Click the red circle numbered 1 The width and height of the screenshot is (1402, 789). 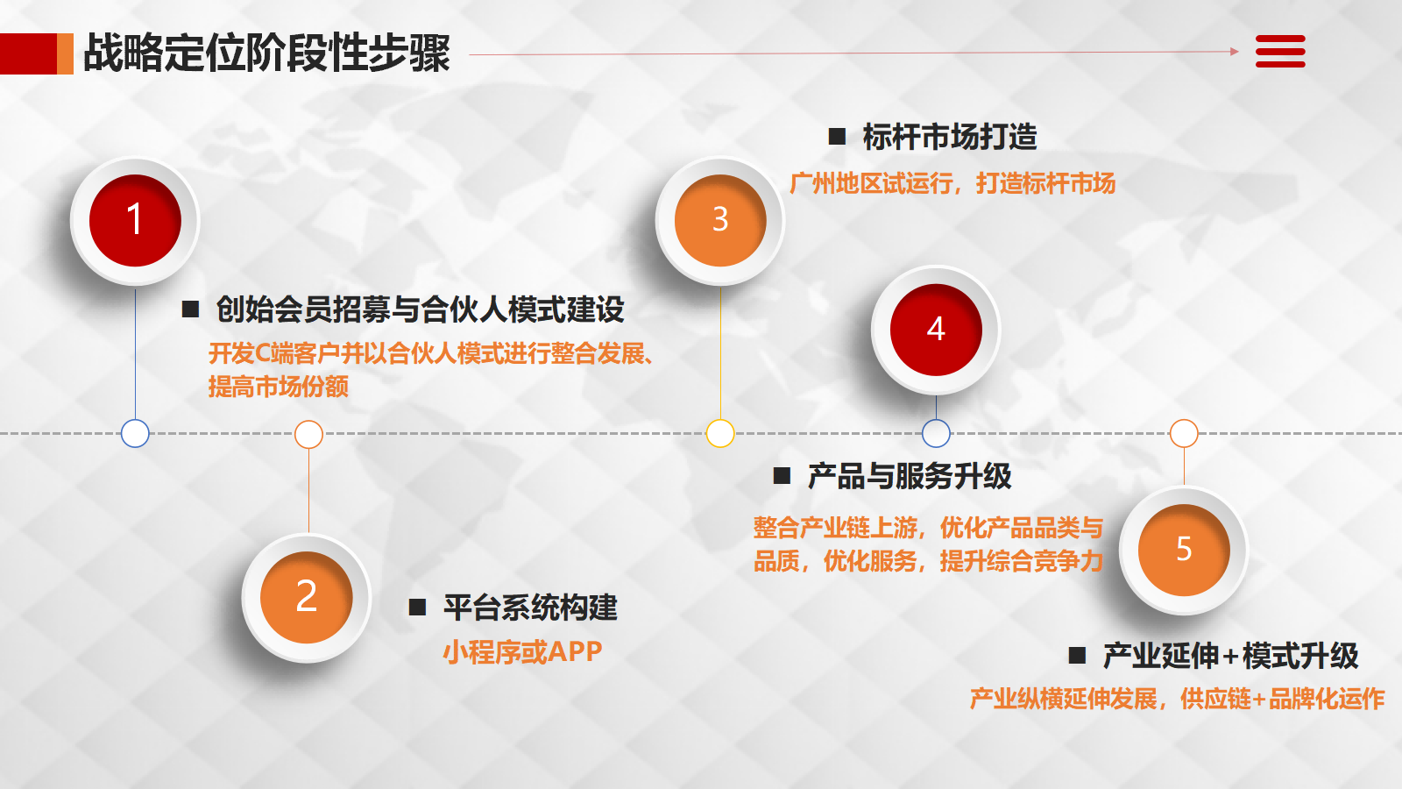tap(135, 220)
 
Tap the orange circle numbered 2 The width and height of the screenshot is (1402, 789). tap(307, 597)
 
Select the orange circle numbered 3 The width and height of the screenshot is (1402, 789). tap(720, 220)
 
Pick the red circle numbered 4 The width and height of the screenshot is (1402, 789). tap(937, 330)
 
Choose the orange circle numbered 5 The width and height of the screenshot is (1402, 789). tap(1184, 550)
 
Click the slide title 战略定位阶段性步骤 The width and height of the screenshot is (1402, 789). tap(267, 53)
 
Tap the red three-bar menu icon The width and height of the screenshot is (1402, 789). tap(1280, 52)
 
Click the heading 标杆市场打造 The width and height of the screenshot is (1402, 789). tap(950, 137)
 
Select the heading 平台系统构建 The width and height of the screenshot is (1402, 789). tap(531, 608)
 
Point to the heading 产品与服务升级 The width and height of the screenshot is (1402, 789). tap(910, 476)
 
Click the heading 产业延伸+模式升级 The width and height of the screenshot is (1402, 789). tap(1230, 656)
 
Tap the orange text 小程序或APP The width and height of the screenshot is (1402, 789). tap(522, 652)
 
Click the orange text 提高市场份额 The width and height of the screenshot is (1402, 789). tap(279, 387)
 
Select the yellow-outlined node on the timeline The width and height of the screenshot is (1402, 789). tap(720, 433)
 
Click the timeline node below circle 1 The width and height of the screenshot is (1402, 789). tap(135, 433)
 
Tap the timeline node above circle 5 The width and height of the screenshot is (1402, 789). tap(1184, 433)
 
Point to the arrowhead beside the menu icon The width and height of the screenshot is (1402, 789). tap(1235, 52)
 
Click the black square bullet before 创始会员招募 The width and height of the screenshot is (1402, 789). tap(190, 309)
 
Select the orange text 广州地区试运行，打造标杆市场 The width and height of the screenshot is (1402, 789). tap(952, 183)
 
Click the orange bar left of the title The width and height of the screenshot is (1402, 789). tap(65, 53)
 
